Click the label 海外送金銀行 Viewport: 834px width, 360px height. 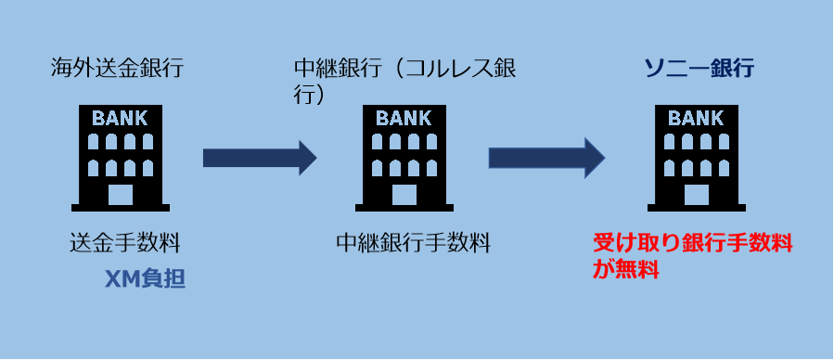coord(116,67)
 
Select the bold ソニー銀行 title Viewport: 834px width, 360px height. coord(699,68)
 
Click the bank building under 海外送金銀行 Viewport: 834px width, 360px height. coord(120,156)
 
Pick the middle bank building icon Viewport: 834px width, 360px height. coord(404,156)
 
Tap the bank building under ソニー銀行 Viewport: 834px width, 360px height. coord(696,156)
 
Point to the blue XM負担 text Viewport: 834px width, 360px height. coord(146,278)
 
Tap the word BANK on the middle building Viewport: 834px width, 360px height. coord(404,118)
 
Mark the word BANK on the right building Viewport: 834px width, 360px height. coord(696,118)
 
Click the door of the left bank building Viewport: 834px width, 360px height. coord(120,195)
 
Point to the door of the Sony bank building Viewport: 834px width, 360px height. coord(696,195)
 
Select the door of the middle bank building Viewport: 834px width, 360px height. coord(404,195)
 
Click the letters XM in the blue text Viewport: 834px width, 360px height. coord(121,278)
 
